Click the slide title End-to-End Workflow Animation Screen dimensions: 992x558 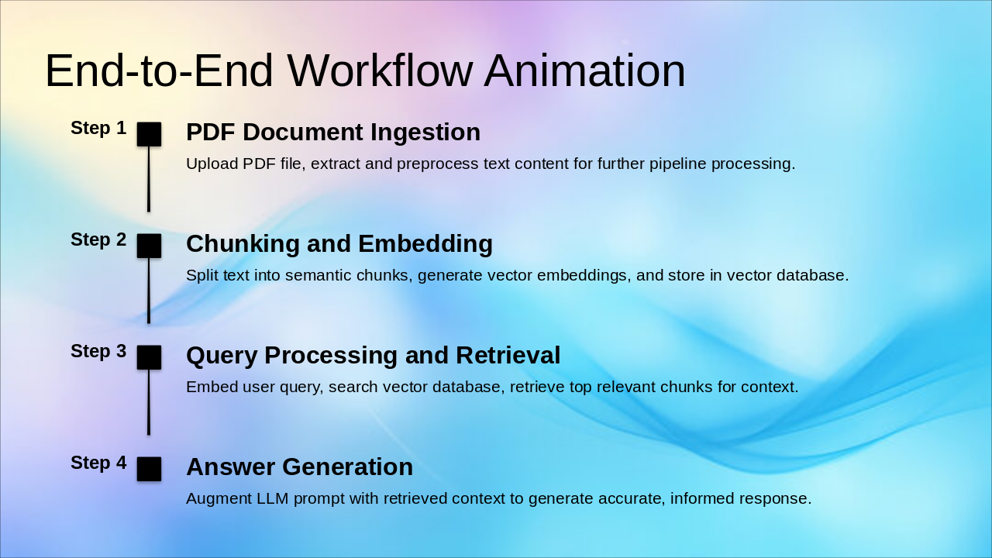365,71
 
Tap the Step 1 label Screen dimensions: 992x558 98,128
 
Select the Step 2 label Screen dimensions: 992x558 98,239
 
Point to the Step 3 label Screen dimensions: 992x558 98,351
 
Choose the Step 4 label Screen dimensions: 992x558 98,463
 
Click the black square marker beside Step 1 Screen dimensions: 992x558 149,134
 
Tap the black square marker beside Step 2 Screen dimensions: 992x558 149,246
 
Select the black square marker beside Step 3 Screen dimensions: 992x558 149,357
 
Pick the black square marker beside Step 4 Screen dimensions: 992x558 149,469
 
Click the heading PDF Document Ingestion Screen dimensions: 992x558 333,132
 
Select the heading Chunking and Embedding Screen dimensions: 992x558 339,244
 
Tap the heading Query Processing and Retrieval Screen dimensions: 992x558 374,356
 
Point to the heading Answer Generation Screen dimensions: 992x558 299,467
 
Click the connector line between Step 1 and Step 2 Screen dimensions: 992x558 149,179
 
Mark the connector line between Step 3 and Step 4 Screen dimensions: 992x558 149,402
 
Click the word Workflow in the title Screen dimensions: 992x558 380,71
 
